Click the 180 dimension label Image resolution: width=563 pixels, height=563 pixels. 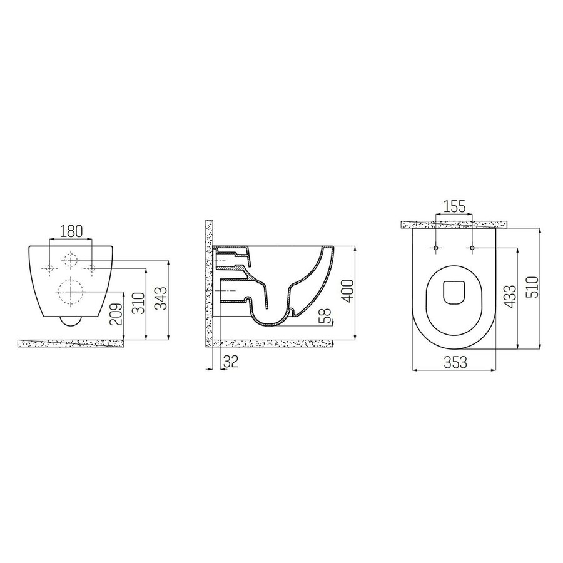pyautogui.click(x=71, y=231)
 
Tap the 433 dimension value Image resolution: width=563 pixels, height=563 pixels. pyautogui.click(x=510, y=297)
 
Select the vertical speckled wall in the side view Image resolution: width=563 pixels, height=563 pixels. pyautogui.click(x=210, y=281)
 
